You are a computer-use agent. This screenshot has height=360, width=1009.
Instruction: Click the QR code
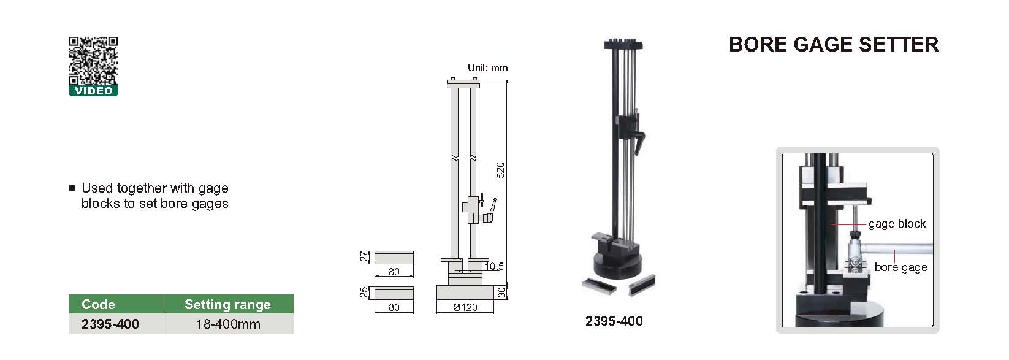tap(93, 61)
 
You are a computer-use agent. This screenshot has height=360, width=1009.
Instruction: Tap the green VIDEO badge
tap(93, 91)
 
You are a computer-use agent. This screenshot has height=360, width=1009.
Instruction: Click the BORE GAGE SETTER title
tap(834, 45)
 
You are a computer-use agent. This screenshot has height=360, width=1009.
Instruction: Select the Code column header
tap(98, 304)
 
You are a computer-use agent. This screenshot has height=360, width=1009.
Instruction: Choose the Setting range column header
tap(227, 305)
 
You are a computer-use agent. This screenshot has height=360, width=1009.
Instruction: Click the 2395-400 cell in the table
tap(110, 324)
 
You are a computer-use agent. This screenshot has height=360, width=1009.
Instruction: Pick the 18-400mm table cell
tap(228, 324)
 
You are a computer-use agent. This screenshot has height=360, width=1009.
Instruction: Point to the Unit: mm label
tap(487, 67)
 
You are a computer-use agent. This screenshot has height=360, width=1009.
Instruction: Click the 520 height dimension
tap(500, 170)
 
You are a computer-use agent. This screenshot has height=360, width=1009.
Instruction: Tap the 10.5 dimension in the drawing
tap(494, 266)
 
